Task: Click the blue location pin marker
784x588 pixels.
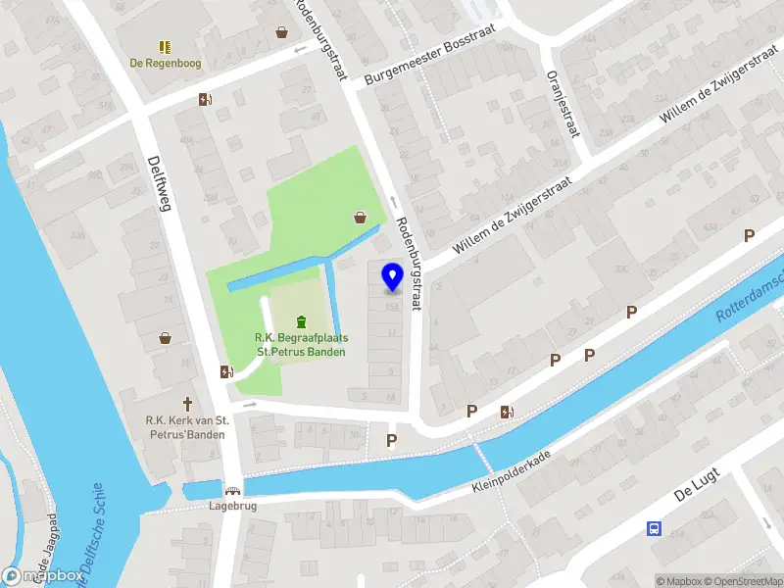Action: pos(393,276)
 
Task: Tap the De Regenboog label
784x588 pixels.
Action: pos(164,64)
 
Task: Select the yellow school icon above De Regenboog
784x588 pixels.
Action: pos(165,46)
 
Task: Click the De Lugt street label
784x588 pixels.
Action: pos(697,485)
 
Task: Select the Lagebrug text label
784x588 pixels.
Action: pos(232,507)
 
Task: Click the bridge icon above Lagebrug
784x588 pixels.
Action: pos(232,491)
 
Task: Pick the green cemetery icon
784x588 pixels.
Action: pos(300,320)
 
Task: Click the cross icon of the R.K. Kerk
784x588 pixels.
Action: pos(188,404)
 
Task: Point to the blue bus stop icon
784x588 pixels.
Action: pos(654,529)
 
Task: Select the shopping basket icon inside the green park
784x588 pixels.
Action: pos(362,218)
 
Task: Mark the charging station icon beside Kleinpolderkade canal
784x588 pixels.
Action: pos(506,412)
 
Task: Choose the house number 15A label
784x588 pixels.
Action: pos(392,308)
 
